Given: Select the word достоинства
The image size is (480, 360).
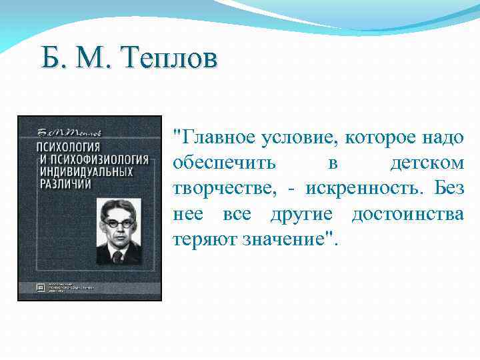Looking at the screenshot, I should click(407, 214).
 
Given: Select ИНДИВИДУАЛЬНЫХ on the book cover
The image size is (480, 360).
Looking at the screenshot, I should click(77, 171).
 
